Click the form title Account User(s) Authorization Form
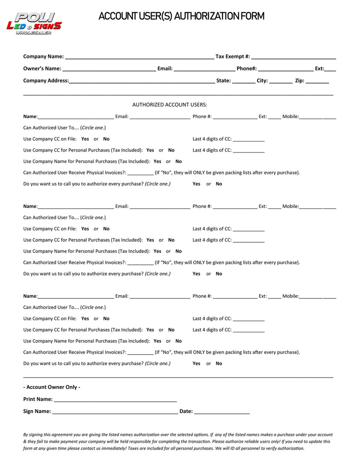pyautogui.click(x=181, y=16)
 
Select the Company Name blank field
pyautogui.click(x=139, y=57)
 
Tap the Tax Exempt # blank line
pyautogui.click(x=294, y=57)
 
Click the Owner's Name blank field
pyautogui.click(x=109, y=69)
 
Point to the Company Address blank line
pyautogui.click(x=142, y=81)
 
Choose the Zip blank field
pyautogui.click(x=317, y=81)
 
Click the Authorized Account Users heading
pyautogui.click(x=170, y=105)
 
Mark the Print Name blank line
pyautogui.click(x=115, y=400)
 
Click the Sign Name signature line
pyautogui.click(x=115, y=411)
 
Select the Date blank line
pyautogui.click(x=222, y=411)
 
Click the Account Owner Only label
pyautogui.click(x=52, y=387)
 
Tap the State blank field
pyautogui.click(x=244, y=81)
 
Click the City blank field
pyautogui.click(x=281, y=81)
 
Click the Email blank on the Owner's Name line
pyautogui.click(x=204, y=69)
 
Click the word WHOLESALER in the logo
pyautogui.click(x=34, y=33)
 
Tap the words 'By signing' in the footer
pyautogui.click(x=33, y=434)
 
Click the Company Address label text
pyautogui.click(x=46, y=81)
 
